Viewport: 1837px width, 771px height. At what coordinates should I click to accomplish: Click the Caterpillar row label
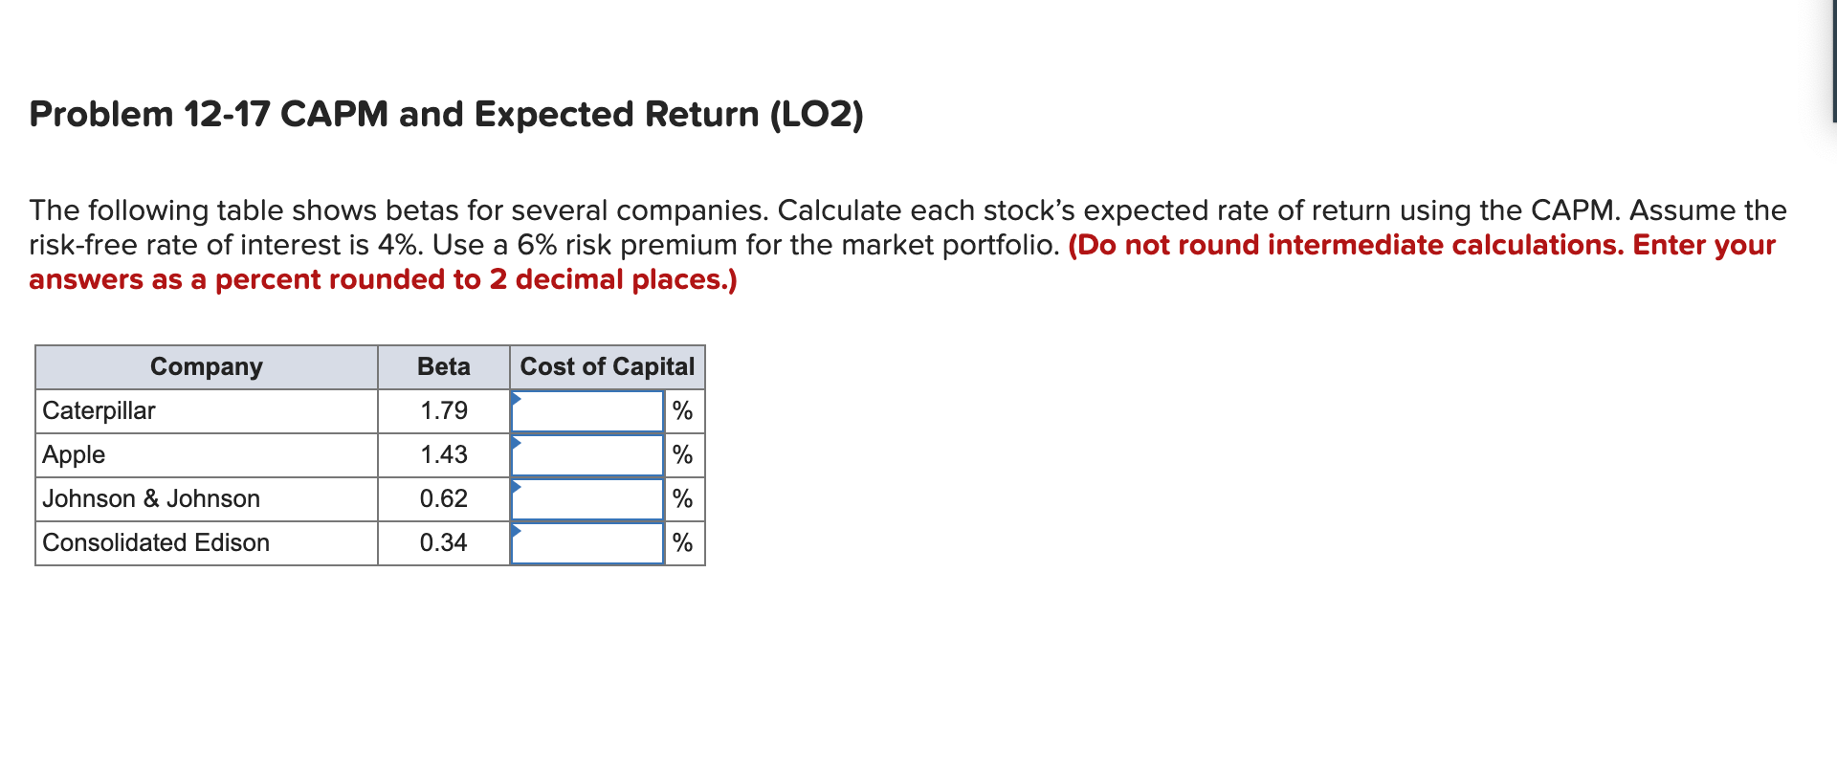click(x=99, y=410)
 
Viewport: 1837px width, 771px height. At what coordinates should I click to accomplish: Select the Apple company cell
click(x=74, y=454)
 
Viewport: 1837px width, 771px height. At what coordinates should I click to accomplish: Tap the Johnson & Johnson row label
click(x=151, y=498)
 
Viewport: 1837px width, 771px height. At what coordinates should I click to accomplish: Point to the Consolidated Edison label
click(x=156, y=542)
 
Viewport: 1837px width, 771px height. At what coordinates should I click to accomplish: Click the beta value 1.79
click(x=444, y=410)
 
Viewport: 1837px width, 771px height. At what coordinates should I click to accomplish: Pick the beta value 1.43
click(x=444, y=454)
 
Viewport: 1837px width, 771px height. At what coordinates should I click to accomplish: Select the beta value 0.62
click(x=444, y=498)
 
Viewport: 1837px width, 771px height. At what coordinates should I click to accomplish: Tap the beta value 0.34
click(x=444, y=542)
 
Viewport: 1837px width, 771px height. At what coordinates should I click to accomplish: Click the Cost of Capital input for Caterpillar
click(x=587, y=411)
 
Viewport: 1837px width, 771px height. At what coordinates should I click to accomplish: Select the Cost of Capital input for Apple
click(x=587, y=455)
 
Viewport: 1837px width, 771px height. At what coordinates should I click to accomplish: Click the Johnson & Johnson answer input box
click(x=587, y=499)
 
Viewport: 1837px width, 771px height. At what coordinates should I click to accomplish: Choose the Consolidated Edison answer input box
click(x=587, y=543)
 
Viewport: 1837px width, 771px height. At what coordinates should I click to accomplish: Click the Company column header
click(x=207, y=366)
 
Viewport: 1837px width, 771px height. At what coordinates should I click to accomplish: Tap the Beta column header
click(x=444, y=366)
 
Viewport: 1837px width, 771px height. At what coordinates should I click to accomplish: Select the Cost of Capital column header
click(x=608, y=366)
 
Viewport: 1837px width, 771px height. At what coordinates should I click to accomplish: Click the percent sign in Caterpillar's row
click(x=682, y=410)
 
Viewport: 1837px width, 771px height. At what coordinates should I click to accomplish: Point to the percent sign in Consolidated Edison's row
click(x=682, y=542)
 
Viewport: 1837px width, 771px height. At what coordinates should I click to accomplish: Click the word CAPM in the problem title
click(x=334, y=114)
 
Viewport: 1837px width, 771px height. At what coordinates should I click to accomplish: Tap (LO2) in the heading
click(x=817, y=114)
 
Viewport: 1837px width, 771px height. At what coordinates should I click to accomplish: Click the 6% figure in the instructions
click(x=537, y=245)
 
